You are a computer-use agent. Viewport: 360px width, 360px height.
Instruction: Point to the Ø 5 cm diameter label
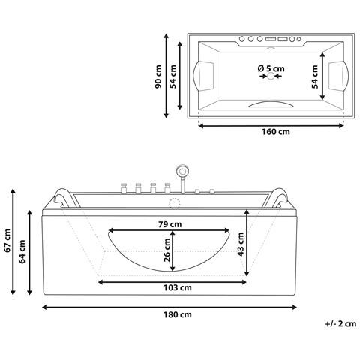(271, 68)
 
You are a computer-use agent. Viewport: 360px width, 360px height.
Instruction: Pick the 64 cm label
(22, 251)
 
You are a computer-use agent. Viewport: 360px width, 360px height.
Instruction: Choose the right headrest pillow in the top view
(337, 73)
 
